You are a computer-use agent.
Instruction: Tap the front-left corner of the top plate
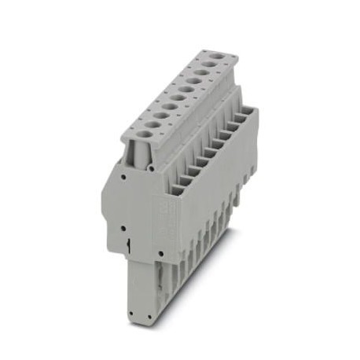point(122,141)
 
